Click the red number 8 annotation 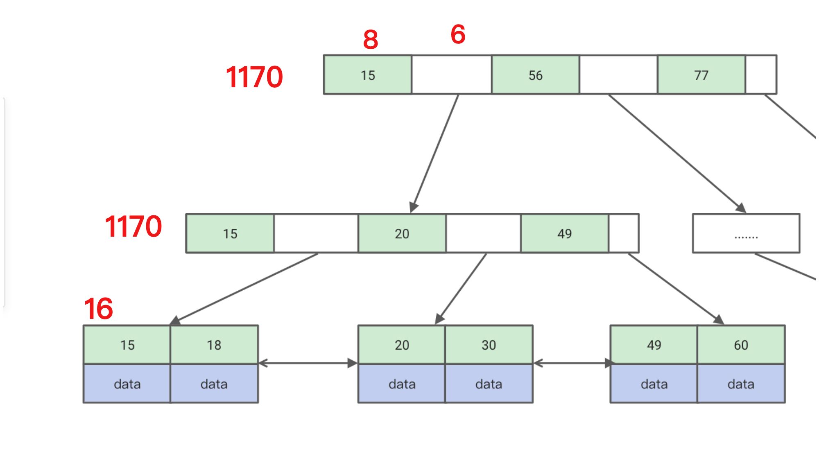point(371,40)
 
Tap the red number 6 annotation point(458,34)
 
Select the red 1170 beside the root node point(254,77)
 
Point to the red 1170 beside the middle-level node point(133,226)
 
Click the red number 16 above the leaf point(98,309)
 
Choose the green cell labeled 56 point(535,75)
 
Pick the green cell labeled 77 point(701,75)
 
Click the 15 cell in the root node point(368,75)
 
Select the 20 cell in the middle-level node point(402,233)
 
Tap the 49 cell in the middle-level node point(564,233)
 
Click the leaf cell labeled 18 point(214,345)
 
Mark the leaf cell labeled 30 point(489,345)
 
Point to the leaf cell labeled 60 point(741,345)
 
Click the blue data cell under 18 point(214,384)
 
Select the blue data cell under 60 point(741,384)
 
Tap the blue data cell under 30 point(489,384)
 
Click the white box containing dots point(746,233)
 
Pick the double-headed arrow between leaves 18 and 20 point(308,363)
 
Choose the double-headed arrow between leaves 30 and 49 point(572,363)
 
